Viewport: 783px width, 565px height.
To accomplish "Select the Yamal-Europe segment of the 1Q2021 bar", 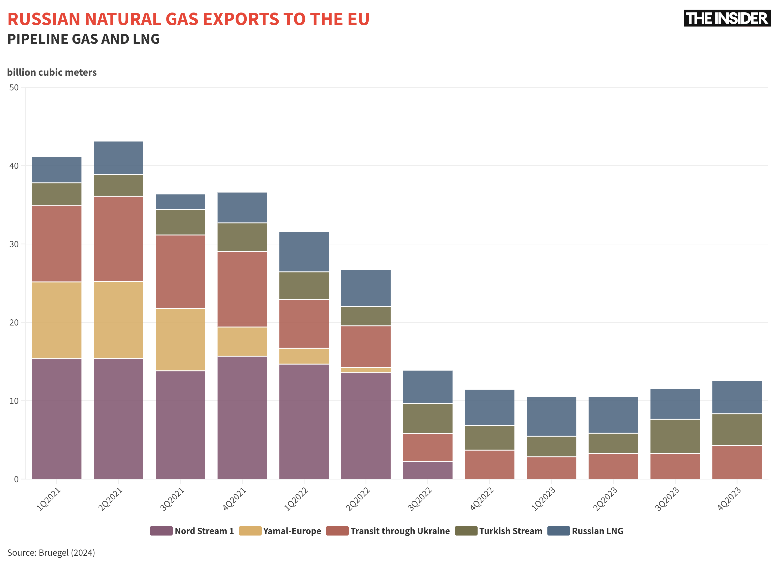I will tap(57, 320).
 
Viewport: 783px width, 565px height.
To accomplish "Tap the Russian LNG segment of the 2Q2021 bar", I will tap(119, 158).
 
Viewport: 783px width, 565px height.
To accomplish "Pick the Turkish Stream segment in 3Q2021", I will tap(180, 222).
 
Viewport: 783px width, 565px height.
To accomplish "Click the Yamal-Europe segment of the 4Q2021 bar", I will tap(242, 341).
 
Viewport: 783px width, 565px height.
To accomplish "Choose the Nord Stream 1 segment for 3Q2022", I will tap(428, 470).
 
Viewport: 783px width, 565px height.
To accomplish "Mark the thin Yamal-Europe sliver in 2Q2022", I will tap(366, 370).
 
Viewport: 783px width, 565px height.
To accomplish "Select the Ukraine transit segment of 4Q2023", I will tap(737, 463).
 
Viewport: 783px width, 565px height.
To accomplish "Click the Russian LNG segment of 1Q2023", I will tap(551, 416).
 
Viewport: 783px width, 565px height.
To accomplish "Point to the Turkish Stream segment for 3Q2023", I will tap(675, 436).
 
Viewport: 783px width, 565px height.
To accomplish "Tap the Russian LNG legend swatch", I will tap(558, 531).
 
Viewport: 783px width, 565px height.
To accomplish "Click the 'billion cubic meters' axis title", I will tap(52, 72).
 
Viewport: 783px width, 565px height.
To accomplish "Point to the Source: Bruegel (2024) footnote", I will tap(51, 552).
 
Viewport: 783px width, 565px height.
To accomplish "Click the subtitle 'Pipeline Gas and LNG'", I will tap(84, 39).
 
